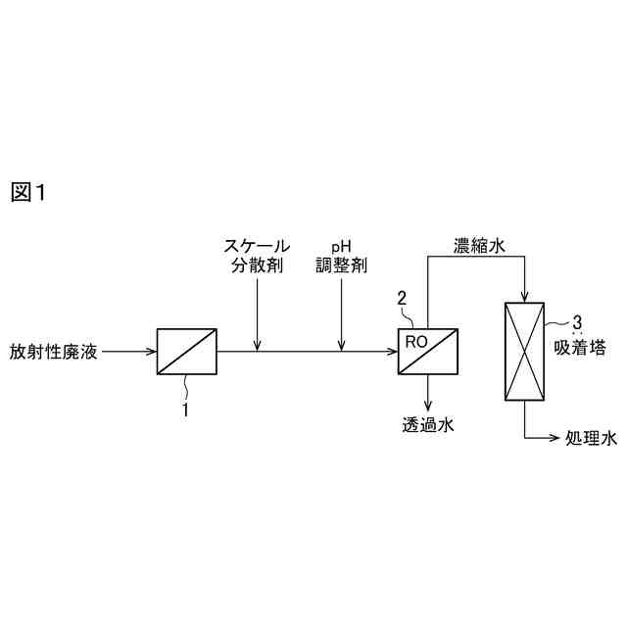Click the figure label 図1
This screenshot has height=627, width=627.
coord(28,193)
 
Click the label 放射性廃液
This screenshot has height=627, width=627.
coord(55,351)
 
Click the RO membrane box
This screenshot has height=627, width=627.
coord(428,351)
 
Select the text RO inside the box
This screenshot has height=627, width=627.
coord(415,339)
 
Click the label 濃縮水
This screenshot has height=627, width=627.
coord(479,245)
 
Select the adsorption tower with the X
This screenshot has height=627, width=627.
coord(524,352)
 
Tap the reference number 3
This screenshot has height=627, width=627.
coord(578,321)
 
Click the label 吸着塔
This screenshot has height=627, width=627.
coord(576,346)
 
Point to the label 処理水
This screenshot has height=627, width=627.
coord(592,438)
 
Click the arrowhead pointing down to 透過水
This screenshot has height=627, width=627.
coord(428,404)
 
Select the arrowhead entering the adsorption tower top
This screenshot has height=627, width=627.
coord(524,298)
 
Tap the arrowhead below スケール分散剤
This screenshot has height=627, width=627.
coord(257,345)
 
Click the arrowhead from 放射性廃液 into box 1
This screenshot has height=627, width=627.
coord(152,351)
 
